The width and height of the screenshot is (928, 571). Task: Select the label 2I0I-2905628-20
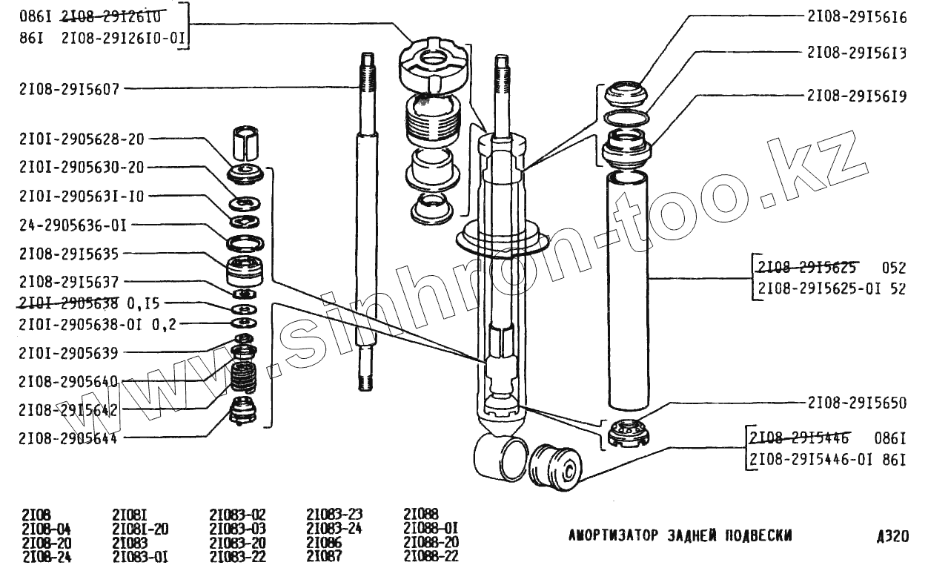tap(82, 139)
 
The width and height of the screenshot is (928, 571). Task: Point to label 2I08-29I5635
tap(69, 253)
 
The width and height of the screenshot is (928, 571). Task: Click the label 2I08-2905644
tap(69, 438)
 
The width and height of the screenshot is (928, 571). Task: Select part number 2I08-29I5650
tap(857, 403)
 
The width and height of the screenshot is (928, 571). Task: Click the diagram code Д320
tap(892, 535)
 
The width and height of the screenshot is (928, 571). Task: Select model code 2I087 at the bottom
tap(323, 556)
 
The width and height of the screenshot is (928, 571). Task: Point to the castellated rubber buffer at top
tap(433, 63)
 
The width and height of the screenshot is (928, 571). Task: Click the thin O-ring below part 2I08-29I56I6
tap(627, 119)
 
